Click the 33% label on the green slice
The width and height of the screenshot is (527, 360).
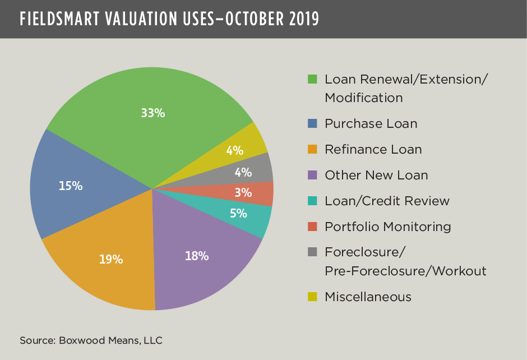152,113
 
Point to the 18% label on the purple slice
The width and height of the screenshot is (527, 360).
197,256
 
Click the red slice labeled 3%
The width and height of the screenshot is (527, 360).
243,193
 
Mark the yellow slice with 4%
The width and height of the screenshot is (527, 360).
235,150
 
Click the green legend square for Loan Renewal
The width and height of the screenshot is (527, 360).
313,79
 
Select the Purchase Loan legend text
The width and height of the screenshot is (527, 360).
371,123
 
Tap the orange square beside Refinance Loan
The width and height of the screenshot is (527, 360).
313,149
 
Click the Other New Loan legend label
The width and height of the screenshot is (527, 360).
376,175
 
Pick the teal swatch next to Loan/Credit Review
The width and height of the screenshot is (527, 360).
313,201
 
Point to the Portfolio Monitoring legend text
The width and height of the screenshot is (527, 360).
387,227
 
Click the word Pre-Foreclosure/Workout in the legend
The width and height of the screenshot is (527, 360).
405,271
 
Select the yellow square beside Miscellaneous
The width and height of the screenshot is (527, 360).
313,297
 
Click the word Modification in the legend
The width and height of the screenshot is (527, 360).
363,98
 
